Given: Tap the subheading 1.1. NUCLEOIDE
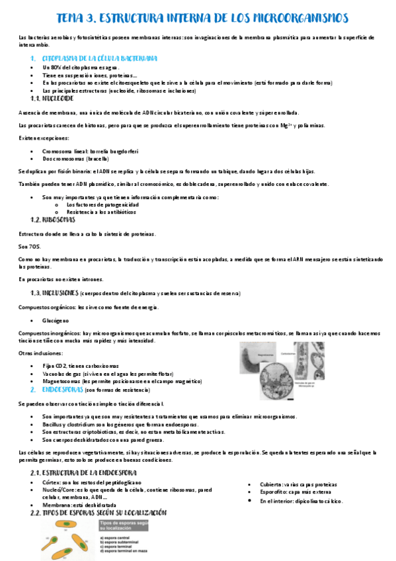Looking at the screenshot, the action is click(52, 97).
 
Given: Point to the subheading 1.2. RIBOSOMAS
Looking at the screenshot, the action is click(54, 219).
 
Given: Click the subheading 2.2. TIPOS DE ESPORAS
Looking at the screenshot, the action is click(99, 513).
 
